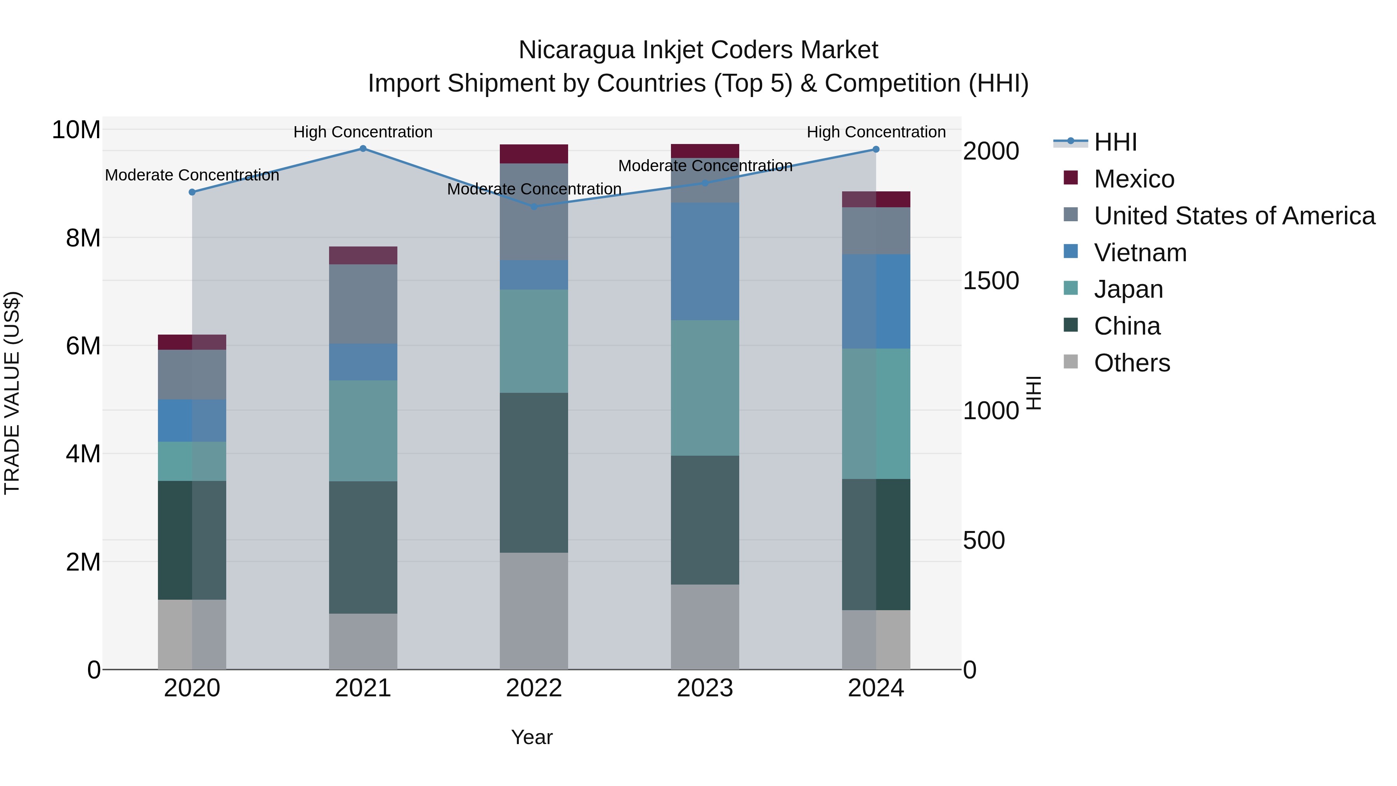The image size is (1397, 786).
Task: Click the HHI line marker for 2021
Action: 363,149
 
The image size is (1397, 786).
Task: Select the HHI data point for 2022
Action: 534,206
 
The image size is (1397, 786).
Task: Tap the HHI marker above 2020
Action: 192,192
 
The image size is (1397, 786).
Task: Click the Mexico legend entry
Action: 1134,179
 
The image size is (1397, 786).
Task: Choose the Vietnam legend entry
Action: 1140,253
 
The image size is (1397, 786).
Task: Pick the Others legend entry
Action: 1132,363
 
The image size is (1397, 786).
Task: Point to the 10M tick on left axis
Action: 76,130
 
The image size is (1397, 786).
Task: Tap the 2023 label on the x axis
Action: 704,688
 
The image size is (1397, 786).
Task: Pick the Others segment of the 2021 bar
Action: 363,641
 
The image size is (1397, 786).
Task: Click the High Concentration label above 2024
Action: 876,132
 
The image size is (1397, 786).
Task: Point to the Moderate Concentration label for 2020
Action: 192,175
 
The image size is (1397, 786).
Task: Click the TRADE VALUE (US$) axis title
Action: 12,393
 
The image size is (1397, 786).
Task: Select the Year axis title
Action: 532,737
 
